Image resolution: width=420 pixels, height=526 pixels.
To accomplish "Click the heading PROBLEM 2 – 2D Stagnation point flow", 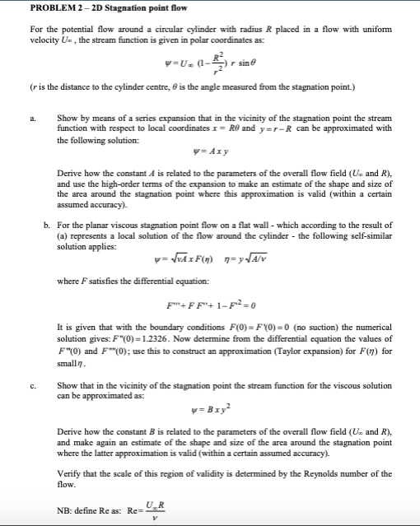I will [x=96, y=9].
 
